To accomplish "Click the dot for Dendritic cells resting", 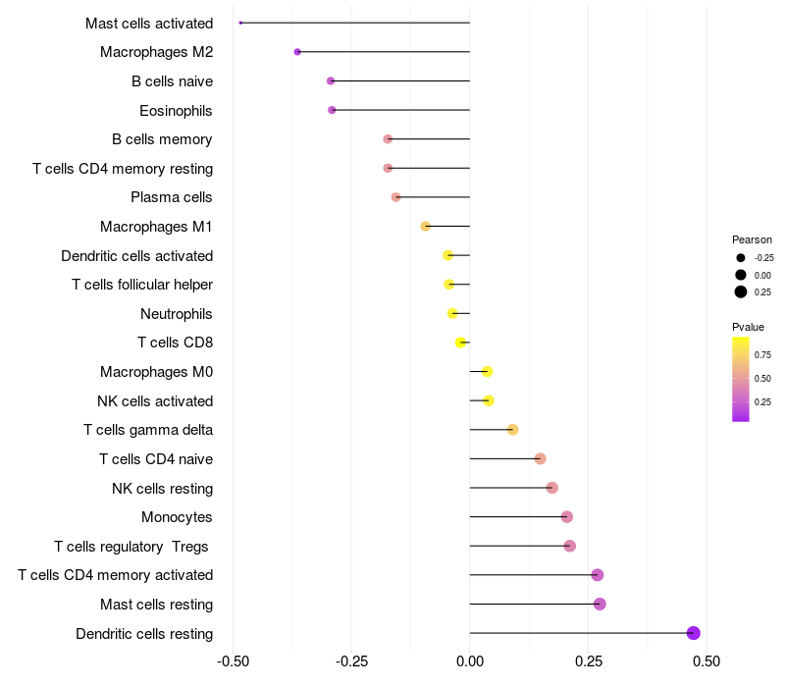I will pos(693,633).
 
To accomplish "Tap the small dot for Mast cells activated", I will pos(240,23).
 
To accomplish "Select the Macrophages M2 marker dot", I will pos(297,52).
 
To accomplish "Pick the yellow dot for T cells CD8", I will pos(460,343).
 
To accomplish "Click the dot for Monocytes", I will pos(566,517).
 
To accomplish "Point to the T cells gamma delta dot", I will pos(512,430).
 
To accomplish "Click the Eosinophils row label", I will pos(176,110).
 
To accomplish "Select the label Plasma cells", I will pos(172,197).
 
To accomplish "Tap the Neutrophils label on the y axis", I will pos(177,314).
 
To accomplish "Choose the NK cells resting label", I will pos(162,489).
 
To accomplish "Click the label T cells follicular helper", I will pos(142,285).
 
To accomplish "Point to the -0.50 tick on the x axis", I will pos(233,661).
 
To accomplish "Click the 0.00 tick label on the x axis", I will pos(470,661).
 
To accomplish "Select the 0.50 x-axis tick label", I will pos(705,661).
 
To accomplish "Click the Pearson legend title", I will pos(752,239).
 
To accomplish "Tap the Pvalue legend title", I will pos(748,327).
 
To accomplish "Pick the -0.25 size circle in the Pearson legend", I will pos(741,257).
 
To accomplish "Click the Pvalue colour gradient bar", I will pos(741,379).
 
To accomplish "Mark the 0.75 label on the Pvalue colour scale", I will pos(762,354).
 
